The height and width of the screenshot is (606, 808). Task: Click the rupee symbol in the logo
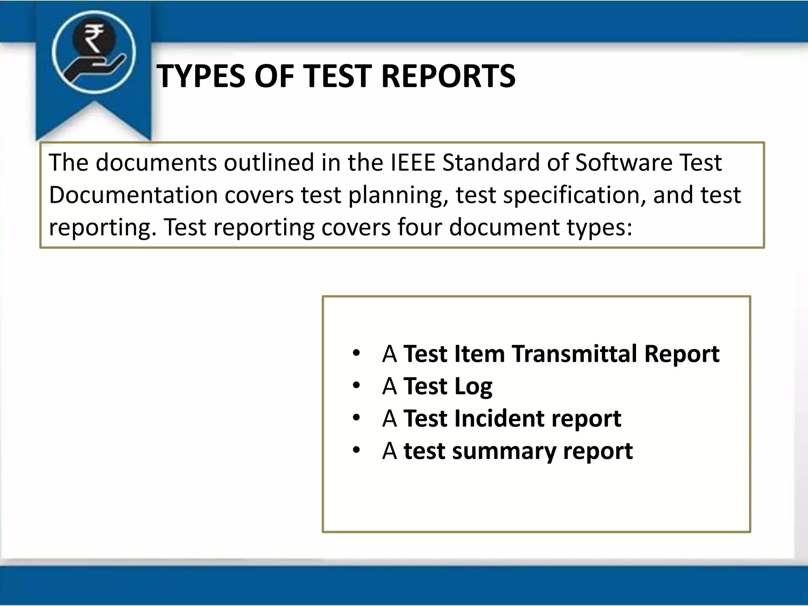(94, 38)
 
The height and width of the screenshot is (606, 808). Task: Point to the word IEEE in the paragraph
(413, 163)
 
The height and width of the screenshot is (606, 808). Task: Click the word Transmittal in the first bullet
(574, 353)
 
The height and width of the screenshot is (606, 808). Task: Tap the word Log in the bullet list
(473, 387)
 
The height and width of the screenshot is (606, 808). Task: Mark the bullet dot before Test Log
(357, 385)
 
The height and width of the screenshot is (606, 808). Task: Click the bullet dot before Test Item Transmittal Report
(357, 353)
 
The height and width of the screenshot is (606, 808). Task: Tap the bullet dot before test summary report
(357, 450)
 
